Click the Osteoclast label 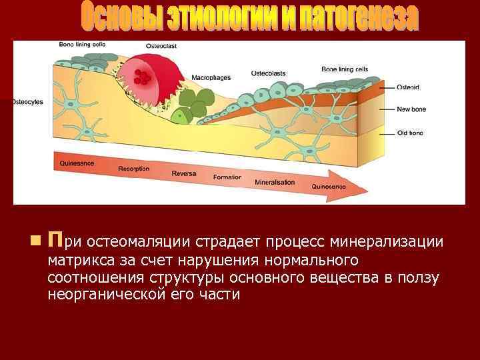[x=162, y=46]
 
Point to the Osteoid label [x=408, y=87]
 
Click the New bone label [x=411, y=109]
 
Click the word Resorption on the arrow [x=133, y=169]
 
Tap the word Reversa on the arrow [x=183, y=173]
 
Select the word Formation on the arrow [x=227, y=177]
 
